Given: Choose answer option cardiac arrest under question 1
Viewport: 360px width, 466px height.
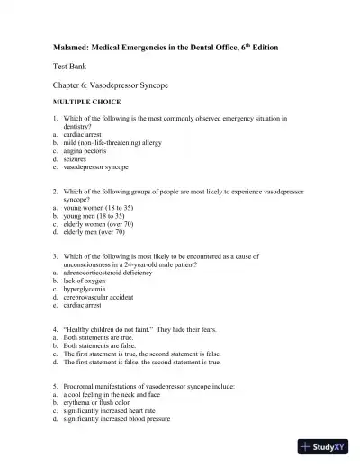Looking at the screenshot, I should point(82,134).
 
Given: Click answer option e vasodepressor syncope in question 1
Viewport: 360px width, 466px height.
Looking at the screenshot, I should point(94,166).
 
